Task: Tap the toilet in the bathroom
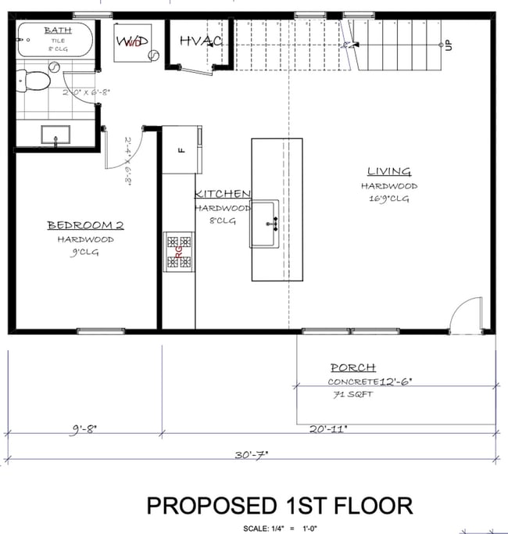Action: [x=34, y=80]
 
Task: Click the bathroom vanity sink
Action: [x=56, y=134]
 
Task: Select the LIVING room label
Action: [x=388, y=172]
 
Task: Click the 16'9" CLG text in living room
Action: [x=388, y=199]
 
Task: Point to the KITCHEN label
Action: [x=223, y=194]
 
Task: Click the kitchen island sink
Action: [x=264, y=224]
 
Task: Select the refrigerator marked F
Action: [x=181, y=149]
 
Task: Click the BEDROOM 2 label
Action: [x=85, y=226]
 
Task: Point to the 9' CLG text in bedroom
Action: [x=85, y=252]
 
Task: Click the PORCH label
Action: [x=352, y=367]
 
